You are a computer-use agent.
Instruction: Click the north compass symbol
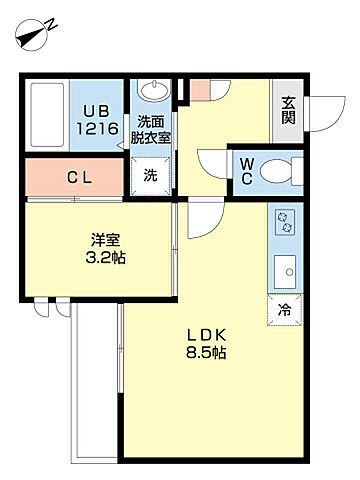[31, 36]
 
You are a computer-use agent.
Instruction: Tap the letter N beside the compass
[52, 25]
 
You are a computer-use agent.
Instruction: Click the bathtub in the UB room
[47, 115]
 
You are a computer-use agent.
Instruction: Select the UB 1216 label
[97, 120]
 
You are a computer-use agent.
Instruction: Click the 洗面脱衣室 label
[150, 130]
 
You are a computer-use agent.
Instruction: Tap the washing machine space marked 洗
[151, 176]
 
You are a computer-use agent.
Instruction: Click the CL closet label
[79, 178]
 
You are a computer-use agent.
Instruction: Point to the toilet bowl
[276, 171]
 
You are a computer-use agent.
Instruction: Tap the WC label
[247, 171]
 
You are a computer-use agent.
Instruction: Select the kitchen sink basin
[285, 272]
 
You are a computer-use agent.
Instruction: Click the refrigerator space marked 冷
[285, 310]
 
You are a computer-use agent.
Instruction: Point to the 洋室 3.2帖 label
[105, 248]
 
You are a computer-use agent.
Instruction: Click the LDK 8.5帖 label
[206, 343]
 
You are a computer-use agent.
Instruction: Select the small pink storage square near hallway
[201, 90]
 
